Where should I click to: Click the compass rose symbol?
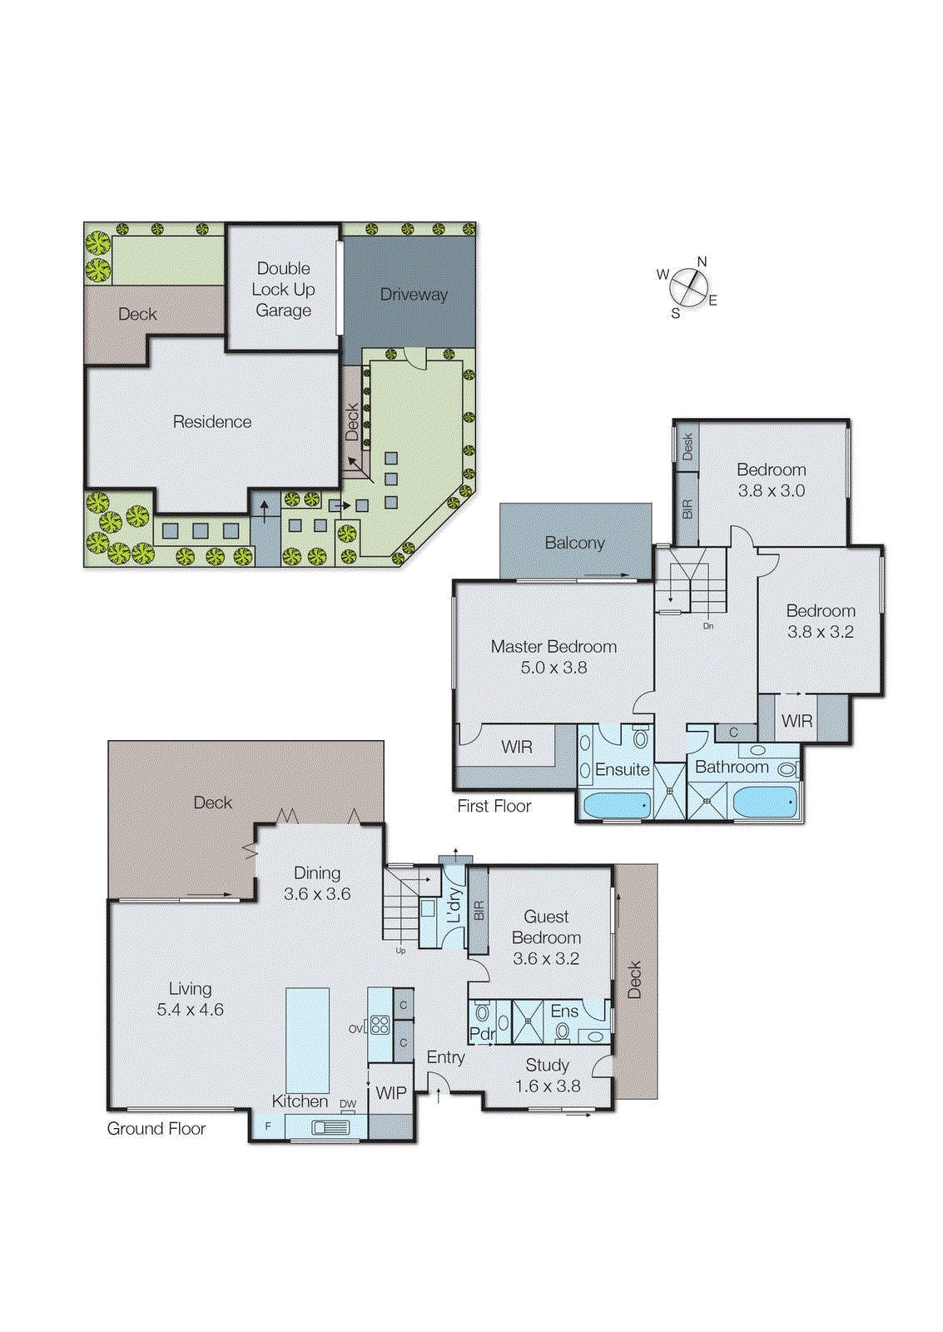pos(688,288)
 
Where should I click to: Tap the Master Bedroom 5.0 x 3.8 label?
pos(553,657)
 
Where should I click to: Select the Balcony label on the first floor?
pos(574,543)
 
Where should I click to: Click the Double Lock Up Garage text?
pos(283,289)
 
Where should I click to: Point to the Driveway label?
pos(414,295)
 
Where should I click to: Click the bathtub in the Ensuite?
pos(616,804)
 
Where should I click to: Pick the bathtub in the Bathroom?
pos(764,803)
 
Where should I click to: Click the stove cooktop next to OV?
pos(380,1025)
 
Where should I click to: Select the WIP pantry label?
pos(391,1093)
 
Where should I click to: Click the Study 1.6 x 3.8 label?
pos(547,1076)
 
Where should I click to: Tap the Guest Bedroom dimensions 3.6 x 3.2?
pos(546,958)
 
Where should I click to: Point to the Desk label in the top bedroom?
pos(687,446)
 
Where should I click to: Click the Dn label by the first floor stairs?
pos(708,626)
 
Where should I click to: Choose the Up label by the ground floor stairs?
pos(400,950)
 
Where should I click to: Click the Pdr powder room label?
pos(482,1034)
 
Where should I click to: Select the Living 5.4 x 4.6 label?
pos(190,999)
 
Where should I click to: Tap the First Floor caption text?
pos(494,806)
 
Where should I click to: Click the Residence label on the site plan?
pos(211,422)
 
